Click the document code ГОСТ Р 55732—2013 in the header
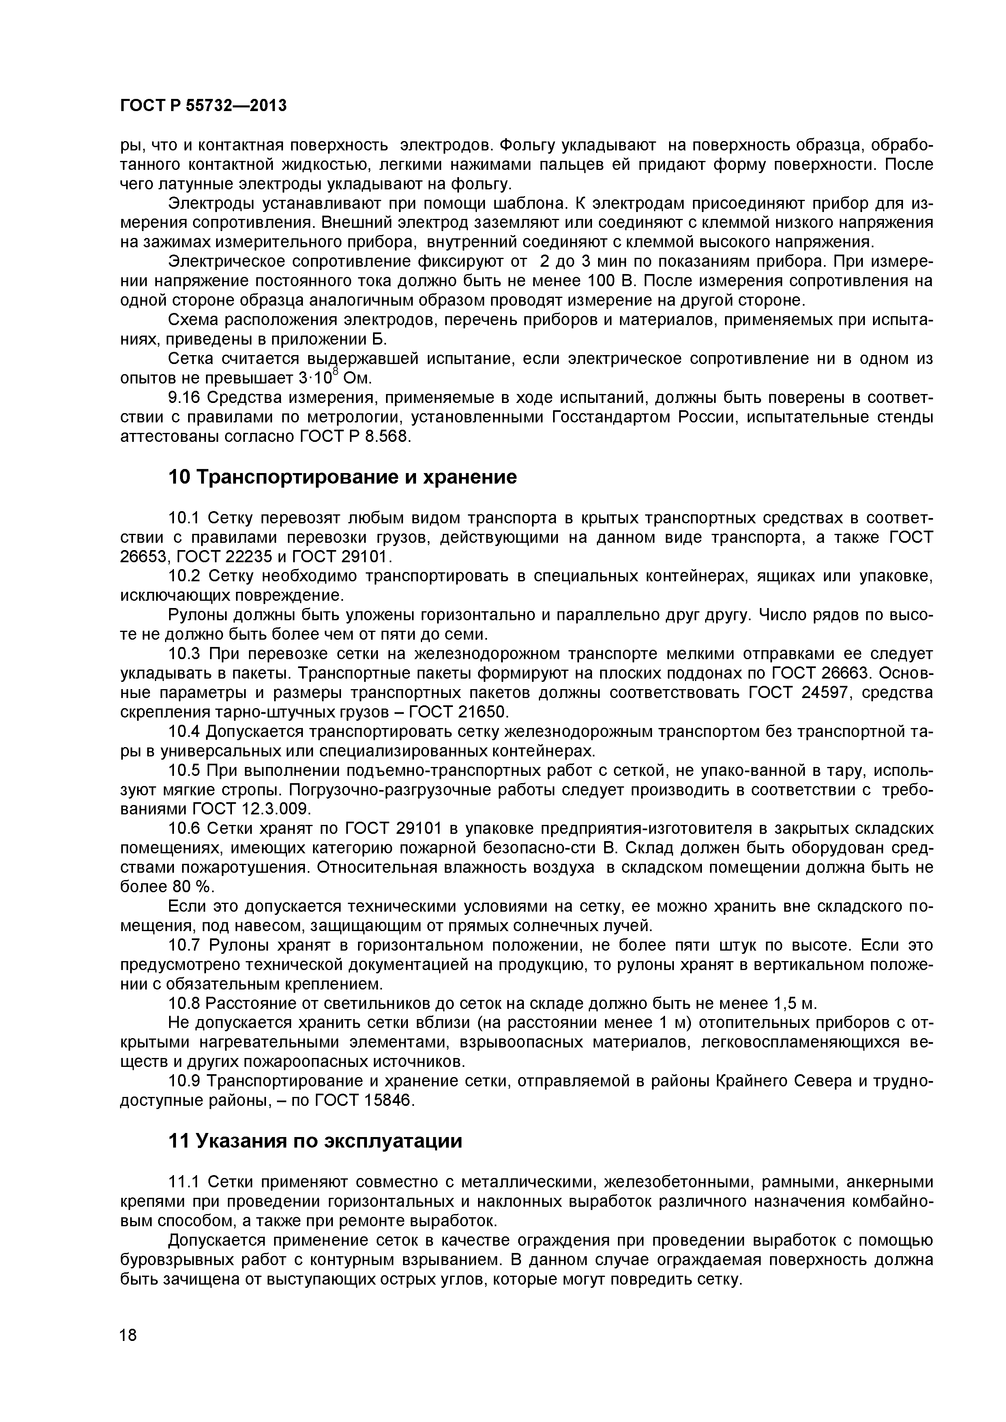[203, 106]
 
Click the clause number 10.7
[185, 945]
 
